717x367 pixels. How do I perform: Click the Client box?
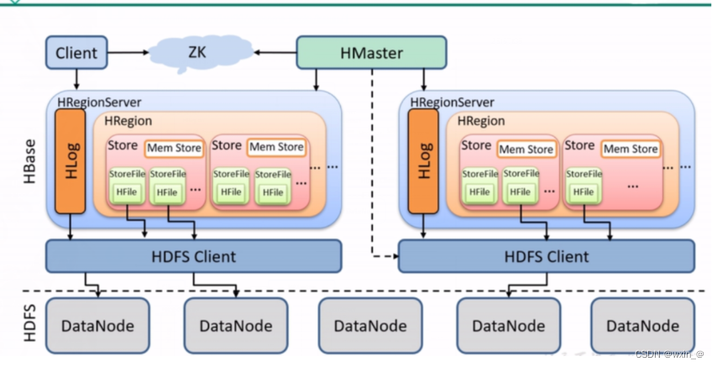coord(76,54)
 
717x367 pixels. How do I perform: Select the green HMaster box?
coord(371,53)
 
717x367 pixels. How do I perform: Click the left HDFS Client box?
coord(193,256)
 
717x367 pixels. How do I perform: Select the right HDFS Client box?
coord(547,256)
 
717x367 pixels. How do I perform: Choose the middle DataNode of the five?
coord(370,325)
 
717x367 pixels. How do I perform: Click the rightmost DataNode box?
coord(641,325)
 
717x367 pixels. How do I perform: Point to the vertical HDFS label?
coord(25,324)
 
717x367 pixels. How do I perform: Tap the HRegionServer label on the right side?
coord(452,102)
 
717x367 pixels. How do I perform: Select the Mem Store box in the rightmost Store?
coord(631,149)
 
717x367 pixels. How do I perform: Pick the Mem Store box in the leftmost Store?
coord(174,149)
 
